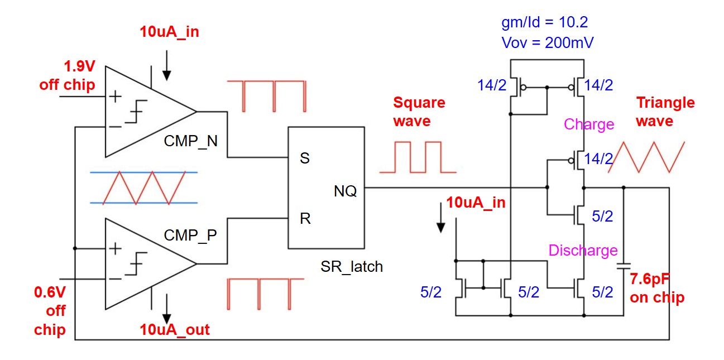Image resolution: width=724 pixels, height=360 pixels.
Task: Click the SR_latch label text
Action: click(352, 267)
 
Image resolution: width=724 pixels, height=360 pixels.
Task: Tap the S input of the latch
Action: click(304, 159)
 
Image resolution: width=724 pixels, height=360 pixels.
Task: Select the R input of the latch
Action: click(305, 218)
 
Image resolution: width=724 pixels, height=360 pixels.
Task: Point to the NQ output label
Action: click(346, 191)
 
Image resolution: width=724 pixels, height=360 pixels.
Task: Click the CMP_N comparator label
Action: click(190, 141)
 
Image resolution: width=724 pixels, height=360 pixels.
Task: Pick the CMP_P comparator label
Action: click(190, 235)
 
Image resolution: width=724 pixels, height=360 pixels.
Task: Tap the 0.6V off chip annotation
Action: click(50, 310)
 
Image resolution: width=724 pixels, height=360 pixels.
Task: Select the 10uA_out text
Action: click(175, 330)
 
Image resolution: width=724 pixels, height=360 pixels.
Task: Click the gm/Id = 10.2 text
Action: click(545, 22)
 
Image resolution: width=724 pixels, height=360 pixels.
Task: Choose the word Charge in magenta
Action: click(589, 124)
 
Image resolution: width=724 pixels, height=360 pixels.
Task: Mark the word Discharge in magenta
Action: click(583, 251)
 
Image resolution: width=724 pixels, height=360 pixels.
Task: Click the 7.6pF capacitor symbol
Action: click(624, 266)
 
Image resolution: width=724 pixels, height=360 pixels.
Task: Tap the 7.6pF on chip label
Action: click(657, 288)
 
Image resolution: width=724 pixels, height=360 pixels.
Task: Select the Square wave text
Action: click(419, 112)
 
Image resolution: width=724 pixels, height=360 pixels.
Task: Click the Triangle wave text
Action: click(665, 112)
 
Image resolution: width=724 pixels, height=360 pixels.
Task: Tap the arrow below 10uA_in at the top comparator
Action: click(166, 67)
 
